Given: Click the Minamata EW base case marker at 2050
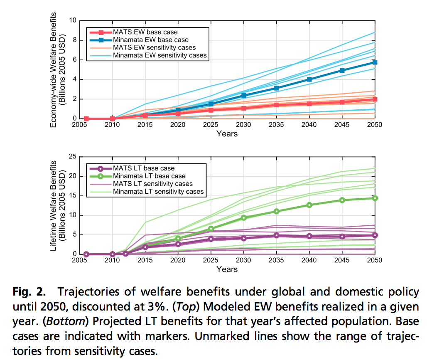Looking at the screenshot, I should pyautogui.click(x=375, y=62).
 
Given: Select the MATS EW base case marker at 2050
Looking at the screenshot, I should pyautogui.click(x=375, y=99).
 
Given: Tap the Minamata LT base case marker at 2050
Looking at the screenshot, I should pyautogui.click(x=375, y=198).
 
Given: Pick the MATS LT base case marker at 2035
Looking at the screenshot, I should pyautogui.click(x=276, y=235).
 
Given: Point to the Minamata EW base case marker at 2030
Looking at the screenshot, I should pyautogui.click(x=243, y=96).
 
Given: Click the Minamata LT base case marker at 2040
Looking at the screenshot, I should pyautogui.click(x=309, y=205).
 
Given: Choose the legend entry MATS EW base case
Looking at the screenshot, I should pyautogui.click(x=148, y=32).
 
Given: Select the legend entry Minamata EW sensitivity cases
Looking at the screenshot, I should pyautogui.click(x=160, y=55).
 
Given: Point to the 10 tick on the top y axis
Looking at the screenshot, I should pyautogui.click(x=74, y=20).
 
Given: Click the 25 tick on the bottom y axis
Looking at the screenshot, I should pyautogui.click(x=74, y=156).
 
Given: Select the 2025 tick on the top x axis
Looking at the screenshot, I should pyautogui.click(x=211, y=125).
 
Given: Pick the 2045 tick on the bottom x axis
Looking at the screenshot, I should pyautogui.click(x=342, y=260).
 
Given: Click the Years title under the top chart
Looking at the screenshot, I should pyautogui.click(x=227, y=134).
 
